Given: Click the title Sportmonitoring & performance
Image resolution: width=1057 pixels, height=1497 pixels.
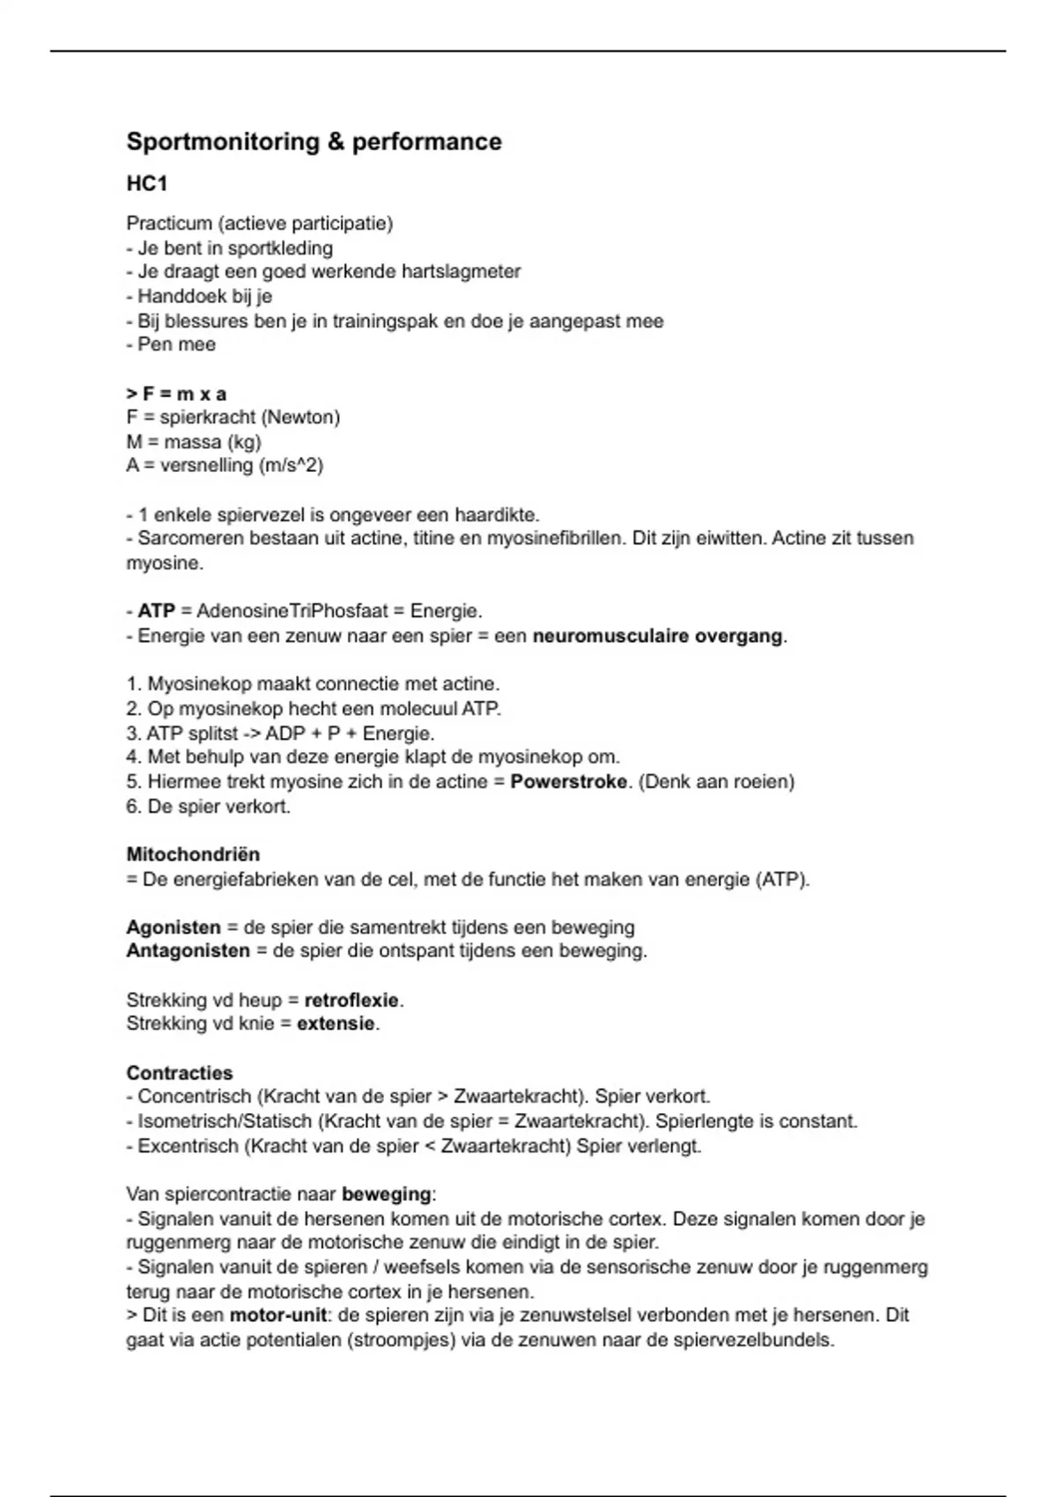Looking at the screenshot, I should pyautogui.click(x=314, y=142).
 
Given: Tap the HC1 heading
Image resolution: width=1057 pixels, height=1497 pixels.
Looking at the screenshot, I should pyautogui.click(x=147, y=183).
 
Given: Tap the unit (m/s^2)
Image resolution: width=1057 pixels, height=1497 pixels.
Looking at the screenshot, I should pyautogui.click(x=291, y=465).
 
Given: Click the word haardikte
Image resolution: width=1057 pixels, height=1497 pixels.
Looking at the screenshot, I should pyautogui.click(x=496, y=514).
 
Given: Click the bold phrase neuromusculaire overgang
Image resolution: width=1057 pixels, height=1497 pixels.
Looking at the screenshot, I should pyautogui.click(x=657, y=636).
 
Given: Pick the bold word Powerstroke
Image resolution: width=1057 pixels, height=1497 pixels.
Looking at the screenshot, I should pyautogui.click(x=568, y=782).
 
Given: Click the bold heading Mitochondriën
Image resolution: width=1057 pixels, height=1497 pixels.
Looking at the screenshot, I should pyautogui.click(x=193, y=854).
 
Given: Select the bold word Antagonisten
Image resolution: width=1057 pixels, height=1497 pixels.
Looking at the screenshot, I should pyautogui.click(x=188, y=951).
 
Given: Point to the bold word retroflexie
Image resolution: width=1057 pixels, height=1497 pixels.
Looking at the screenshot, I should pyautogui.click(x=351, y=1000).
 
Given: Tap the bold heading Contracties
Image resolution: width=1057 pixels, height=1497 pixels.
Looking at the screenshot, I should pyautogui.click(x=180, y=1073).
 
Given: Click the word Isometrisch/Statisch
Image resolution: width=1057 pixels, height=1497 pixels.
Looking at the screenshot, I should pyautogui.click(x=225, y=1122).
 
